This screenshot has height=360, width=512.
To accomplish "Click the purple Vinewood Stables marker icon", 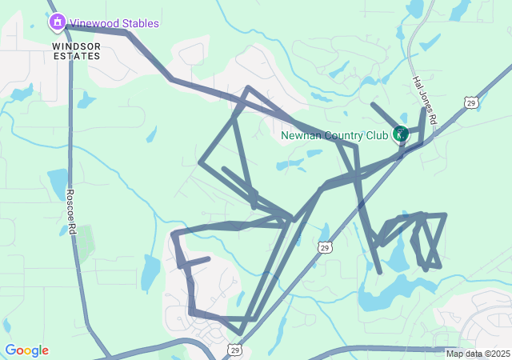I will click(x=57, y=23).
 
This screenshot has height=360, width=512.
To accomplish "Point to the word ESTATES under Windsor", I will click(x=77, y=57).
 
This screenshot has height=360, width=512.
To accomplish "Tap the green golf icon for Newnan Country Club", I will click(x=401, y=134).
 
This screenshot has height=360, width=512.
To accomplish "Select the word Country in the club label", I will click(x=342, y=135).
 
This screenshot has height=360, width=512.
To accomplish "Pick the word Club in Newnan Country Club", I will click(x=377, y=135).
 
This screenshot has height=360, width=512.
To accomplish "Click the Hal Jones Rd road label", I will click(x=424, y=99).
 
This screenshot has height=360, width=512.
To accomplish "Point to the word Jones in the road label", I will click(x=424, y=100).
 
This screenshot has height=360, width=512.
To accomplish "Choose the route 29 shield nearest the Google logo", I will click(x=234, y=350).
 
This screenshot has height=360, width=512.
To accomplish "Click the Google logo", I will click(x=26, y=350).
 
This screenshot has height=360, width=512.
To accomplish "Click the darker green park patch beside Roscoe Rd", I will click(x=84, y=240).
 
